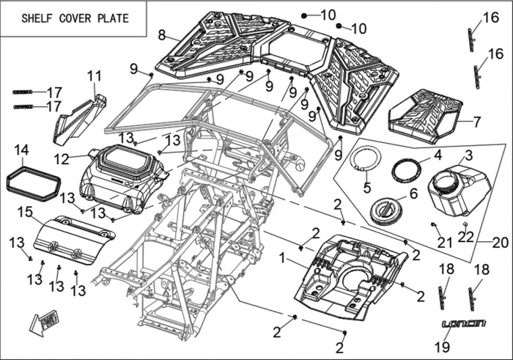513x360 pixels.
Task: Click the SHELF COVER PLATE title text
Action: click(75, 18)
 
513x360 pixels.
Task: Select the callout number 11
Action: click(94, 76)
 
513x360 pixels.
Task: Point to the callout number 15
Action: click(26, 212)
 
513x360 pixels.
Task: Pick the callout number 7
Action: click(478, 122)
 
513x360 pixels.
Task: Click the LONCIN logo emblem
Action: click(464, 323)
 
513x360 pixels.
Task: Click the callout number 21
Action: click(444, 243)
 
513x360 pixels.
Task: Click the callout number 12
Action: click(62, 158)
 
